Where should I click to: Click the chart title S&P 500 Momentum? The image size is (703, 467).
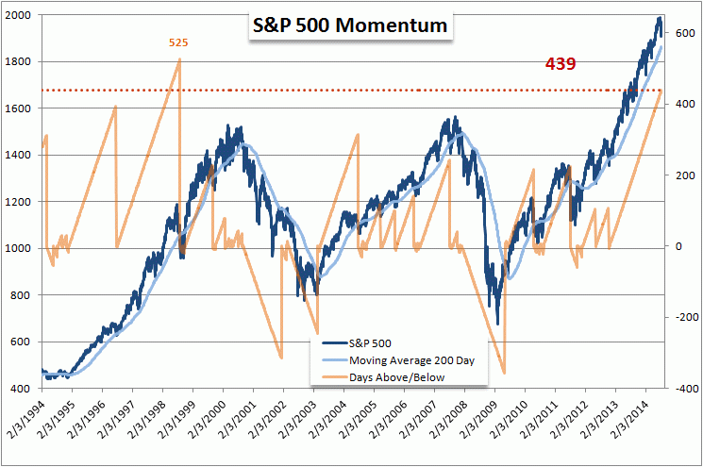[348, 26]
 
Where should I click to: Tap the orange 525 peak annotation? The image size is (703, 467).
[177, 42]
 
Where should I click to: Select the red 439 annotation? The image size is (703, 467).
[561, 64]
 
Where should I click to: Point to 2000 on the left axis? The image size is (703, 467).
[20, 16]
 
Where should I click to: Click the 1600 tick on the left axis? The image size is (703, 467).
[20, 109]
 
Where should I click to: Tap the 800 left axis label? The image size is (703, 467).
[24, 295]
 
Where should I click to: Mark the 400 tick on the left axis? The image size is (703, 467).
[24, 389]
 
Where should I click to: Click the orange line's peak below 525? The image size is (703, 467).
[179, 60]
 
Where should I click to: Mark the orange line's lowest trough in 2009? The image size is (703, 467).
[505, 373]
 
